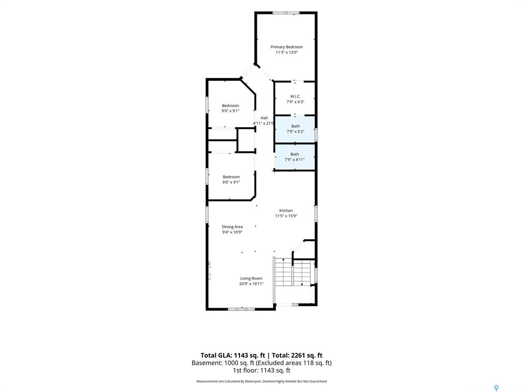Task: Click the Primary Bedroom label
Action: [287, 47]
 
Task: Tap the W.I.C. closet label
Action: [295, 96]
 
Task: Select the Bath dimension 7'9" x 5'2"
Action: [295, 131]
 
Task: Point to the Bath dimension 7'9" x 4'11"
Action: [295, 159]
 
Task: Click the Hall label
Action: [264, 118]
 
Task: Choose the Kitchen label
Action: [286, 211]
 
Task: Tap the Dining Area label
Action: [232, 227]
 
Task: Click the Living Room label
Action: [251, 278]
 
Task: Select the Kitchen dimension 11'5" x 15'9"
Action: [286, 216]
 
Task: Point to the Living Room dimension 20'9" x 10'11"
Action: [251, 284]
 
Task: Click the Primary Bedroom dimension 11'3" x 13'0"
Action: [287, 53]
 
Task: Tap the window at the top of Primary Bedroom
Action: [286, 13]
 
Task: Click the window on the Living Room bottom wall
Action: [241, 309]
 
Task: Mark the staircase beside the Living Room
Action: [292, 272]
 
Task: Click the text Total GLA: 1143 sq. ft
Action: [232, 355]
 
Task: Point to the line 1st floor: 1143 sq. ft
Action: [261, 370]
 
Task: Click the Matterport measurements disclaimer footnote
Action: [261, 381]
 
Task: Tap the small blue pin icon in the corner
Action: [496, 388]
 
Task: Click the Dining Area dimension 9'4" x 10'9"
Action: [232, 232]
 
